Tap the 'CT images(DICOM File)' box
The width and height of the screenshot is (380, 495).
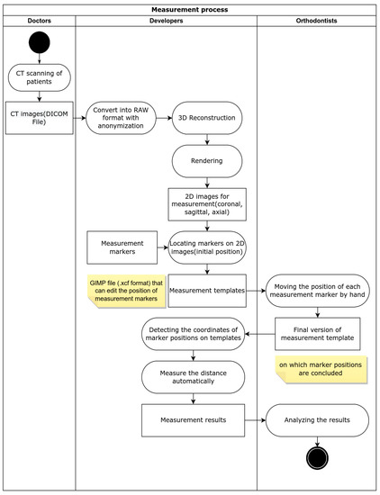click(40, 117)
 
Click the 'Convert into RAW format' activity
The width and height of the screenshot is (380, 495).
click(123, 117)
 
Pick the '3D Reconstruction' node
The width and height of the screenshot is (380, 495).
click(208, 117)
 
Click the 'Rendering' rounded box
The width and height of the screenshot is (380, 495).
click(208, 161)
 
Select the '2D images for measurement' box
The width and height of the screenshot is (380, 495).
click(208, 204)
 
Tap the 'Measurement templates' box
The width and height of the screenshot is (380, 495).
click(208, 291)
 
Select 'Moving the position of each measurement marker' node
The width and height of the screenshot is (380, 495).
click(316, 291)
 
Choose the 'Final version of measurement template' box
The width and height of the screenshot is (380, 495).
click(316, 334)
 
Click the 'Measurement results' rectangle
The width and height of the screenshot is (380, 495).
click(193, 419)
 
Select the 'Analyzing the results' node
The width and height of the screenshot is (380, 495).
click(316, 419)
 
